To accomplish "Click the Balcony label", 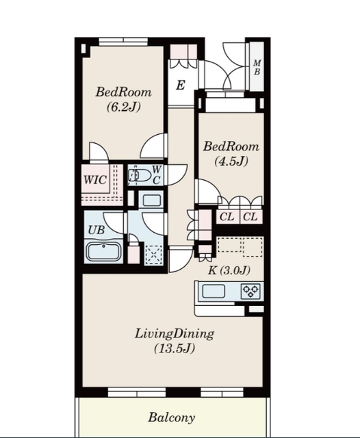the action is click(171, 417).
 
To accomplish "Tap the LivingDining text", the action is click(175, 334).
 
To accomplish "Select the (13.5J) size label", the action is click(175, 348).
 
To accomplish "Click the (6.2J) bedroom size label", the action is click(123, 107).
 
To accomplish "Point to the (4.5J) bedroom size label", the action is click(231, 162).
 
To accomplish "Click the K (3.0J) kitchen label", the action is click(229, 270).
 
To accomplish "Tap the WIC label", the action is click(95, 179).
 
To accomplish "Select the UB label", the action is click(96, 230).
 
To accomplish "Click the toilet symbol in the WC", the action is click(139, 175).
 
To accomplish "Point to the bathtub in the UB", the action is click(103, 252).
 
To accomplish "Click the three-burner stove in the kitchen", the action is click(250, 291).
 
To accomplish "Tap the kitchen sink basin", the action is click(214, 292).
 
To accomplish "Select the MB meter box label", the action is click(257, 67).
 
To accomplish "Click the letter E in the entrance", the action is click(181, 85).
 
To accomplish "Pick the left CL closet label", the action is click(227, 216).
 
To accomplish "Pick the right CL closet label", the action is click(250, 216).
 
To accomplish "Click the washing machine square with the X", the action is click(153, 255).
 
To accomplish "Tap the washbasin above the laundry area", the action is click(151, 200).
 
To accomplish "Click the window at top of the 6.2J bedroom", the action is click(123, 41).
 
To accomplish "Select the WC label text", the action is click(157, 175).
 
